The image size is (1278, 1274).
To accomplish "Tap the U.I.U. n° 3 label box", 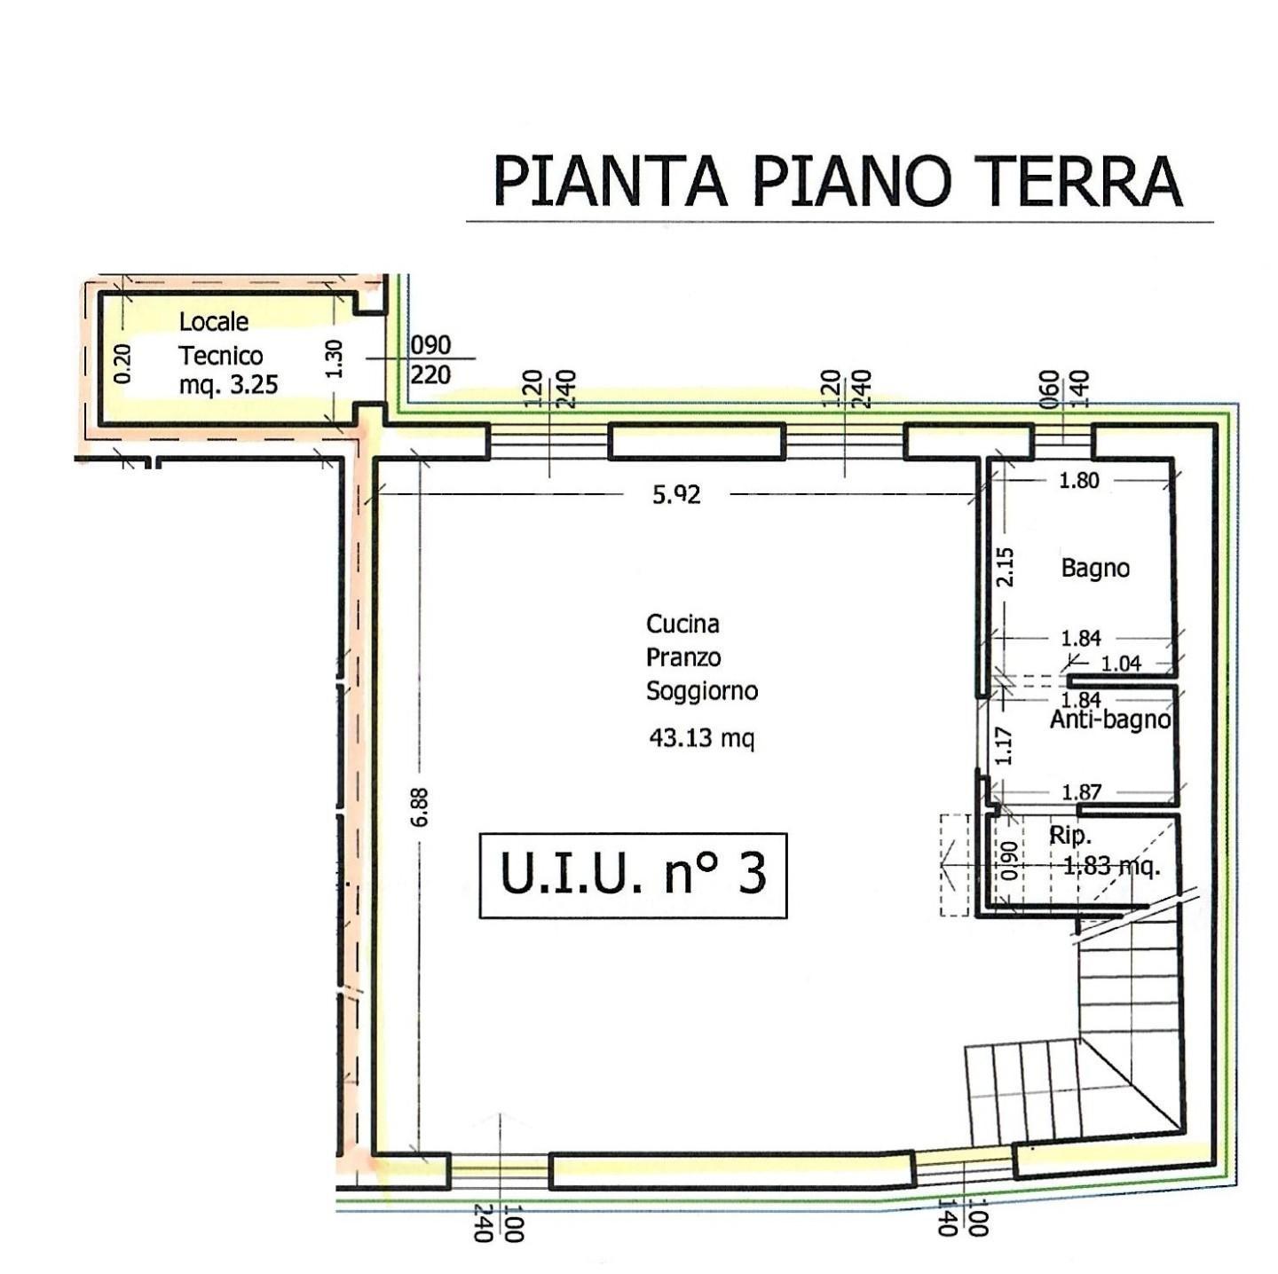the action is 633,876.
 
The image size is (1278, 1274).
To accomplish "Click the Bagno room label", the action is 1095,569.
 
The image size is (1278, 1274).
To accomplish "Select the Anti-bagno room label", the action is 1109,720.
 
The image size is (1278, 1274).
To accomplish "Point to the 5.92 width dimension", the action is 675,495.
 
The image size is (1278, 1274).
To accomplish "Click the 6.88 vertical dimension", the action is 420,806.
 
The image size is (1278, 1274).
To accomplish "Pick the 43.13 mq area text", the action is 702,737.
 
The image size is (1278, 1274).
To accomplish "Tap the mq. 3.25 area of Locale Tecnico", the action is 228,385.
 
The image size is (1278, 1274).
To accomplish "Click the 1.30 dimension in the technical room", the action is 335,358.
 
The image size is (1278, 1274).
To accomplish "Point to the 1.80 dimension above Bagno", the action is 1079,480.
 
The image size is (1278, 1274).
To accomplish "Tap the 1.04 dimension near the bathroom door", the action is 1121,664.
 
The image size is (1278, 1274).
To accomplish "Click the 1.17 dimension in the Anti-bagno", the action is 1004,745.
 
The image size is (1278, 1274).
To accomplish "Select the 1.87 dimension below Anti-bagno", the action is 1082,792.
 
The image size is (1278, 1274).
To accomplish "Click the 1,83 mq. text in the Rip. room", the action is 1111,866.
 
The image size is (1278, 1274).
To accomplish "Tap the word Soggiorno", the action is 702,692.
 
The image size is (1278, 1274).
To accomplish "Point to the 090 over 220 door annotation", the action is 430,359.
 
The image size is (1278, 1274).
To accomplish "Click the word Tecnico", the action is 221,356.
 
